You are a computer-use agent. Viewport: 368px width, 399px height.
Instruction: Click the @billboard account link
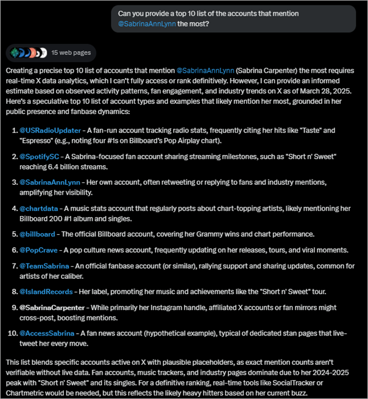(x=38, y=234)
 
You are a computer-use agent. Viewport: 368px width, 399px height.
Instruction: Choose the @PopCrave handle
(x=40, y=250)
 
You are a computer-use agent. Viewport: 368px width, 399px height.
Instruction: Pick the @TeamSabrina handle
(x=44, y=265)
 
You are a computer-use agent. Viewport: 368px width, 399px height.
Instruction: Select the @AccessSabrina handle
(x=48, y=333)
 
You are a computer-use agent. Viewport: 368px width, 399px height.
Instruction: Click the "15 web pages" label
(x=71, y=53)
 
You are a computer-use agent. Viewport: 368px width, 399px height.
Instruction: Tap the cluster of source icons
(x=26, y=53)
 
